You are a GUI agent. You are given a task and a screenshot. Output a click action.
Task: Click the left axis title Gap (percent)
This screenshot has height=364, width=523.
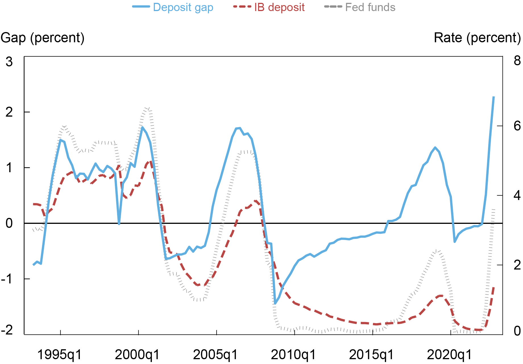tap(43, 38)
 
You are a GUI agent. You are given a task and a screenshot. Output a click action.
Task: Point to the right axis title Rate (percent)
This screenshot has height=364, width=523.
tap(477, 38)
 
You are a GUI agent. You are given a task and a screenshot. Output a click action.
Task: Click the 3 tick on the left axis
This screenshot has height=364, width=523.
tap(9, 62)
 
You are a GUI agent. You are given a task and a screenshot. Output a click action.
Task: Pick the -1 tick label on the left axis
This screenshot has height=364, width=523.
tap(7, 279)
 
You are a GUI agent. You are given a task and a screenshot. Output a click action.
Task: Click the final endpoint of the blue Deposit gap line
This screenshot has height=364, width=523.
tap(494, 97)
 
